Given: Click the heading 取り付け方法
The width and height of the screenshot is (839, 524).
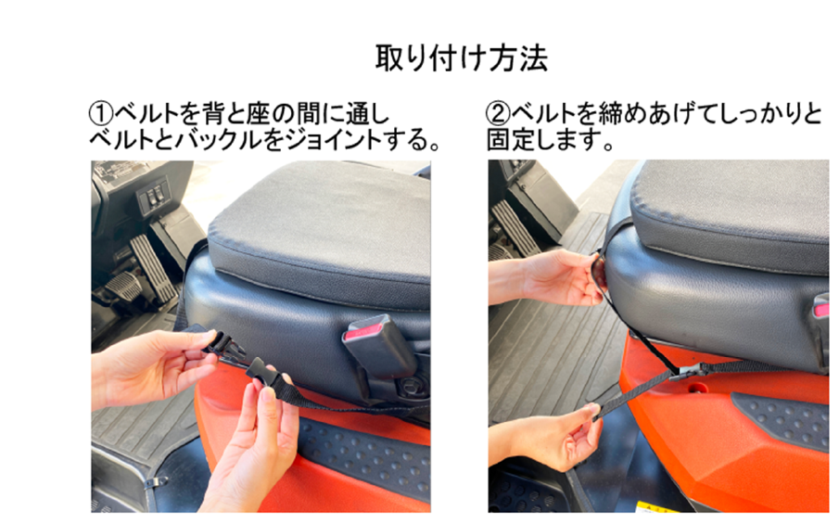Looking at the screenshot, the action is pyautogui.click(x=462, y=58).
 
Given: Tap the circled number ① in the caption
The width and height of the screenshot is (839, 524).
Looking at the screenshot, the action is pyautogui.click(x=101, y=113).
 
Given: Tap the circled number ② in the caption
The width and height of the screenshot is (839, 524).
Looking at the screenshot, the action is pyautogui.click(x=498, y=113).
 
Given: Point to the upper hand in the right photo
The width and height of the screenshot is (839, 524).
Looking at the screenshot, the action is pyautogui.click(x=549, y=277).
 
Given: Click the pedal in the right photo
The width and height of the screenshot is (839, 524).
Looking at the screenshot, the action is pyautogui.click(x=515, y=227).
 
